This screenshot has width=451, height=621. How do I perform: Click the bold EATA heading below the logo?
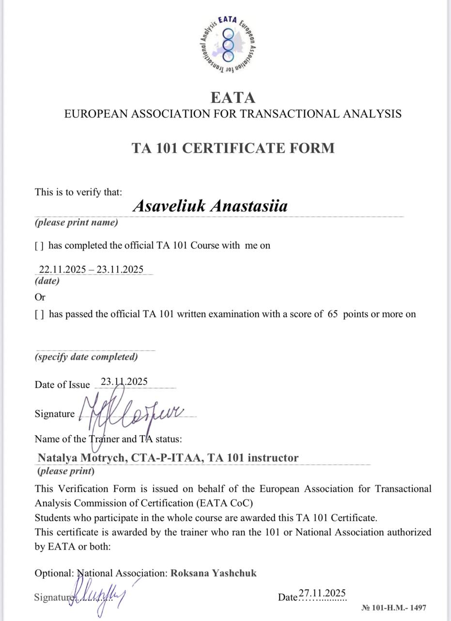coord(233,98)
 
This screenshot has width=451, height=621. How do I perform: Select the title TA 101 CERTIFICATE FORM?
coord(233,148)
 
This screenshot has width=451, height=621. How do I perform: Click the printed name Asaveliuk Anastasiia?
coord(210,206)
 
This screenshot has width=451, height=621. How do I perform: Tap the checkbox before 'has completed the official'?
coord(39,246)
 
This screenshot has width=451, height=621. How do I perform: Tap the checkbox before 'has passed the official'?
coord(39,314)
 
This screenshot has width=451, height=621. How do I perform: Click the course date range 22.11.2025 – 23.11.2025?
coord(91,269)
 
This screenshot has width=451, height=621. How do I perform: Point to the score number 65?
coord(332,314)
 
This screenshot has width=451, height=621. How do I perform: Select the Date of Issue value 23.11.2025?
coord(124,381)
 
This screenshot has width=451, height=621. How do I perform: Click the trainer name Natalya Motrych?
coord(79,458)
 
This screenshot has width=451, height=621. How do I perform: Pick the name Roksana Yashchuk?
coord(213,573)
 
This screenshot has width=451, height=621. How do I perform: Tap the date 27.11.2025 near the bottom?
coord(322,593)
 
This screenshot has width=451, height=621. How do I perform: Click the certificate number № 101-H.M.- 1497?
coord(394,607)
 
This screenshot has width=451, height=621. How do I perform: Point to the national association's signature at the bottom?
coord(99,595)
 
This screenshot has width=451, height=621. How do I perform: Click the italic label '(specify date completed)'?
coord(86,357)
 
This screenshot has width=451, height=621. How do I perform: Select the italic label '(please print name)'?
coord(76,223)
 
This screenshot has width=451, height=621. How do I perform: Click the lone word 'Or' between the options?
coord(40,297)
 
